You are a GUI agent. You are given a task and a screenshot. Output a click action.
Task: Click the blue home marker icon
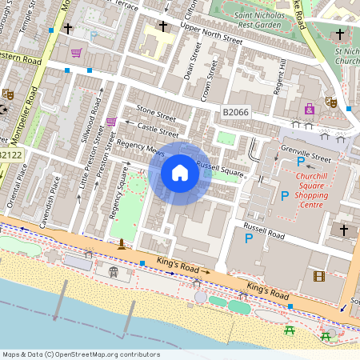pyautogui.click(x=180, y=173)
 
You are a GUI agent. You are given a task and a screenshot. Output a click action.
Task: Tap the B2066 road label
pyautogui.click(x=237, y=113)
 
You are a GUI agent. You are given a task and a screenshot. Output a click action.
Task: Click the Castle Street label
pyautogui.click(x=158, y=128)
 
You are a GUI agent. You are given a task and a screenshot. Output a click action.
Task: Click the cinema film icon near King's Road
pyautogui.click(x=320, y=276)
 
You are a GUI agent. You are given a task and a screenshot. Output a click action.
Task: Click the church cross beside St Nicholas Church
pyautogui.click(x=341, y=34)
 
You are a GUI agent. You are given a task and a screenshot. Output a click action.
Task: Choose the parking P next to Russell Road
pyautogui.click(x=249, y=238)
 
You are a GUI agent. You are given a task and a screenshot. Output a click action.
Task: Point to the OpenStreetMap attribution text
pyautogui.click(x=80, y=354)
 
